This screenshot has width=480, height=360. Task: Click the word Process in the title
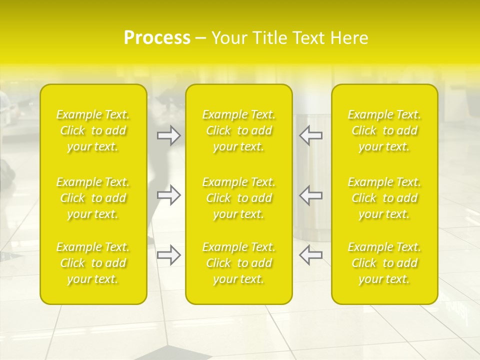click(157, 38)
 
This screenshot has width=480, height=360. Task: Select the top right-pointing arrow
click(168, 135)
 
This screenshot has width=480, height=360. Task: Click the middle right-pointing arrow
click(168, 195)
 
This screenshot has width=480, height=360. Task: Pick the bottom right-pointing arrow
click(168, 255)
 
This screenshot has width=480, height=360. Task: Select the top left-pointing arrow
click(310, 135)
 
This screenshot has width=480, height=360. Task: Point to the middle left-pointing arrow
click(310, 195)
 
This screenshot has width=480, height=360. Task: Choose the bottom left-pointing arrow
click(310, 255)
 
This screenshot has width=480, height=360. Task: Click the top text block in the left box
click(93, 130)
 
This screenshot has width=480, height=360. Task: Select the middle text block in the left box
click(93, 198)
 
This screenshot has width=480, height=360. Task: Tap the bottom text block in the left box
click(93, 263)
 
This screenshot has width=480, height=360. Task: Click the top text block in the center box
click(239, 130)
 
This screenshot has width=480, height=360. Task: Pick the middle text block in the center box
click(239, 198)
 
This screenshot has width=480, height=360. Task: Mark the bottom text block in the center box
click(239, 263)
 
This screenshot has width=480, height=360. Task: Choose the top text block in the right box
click(384, 130)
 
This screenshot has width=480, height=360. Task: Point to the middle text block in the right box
click(384, 198)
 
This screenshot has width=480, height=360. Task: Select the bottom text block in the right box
click(384, 263)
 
